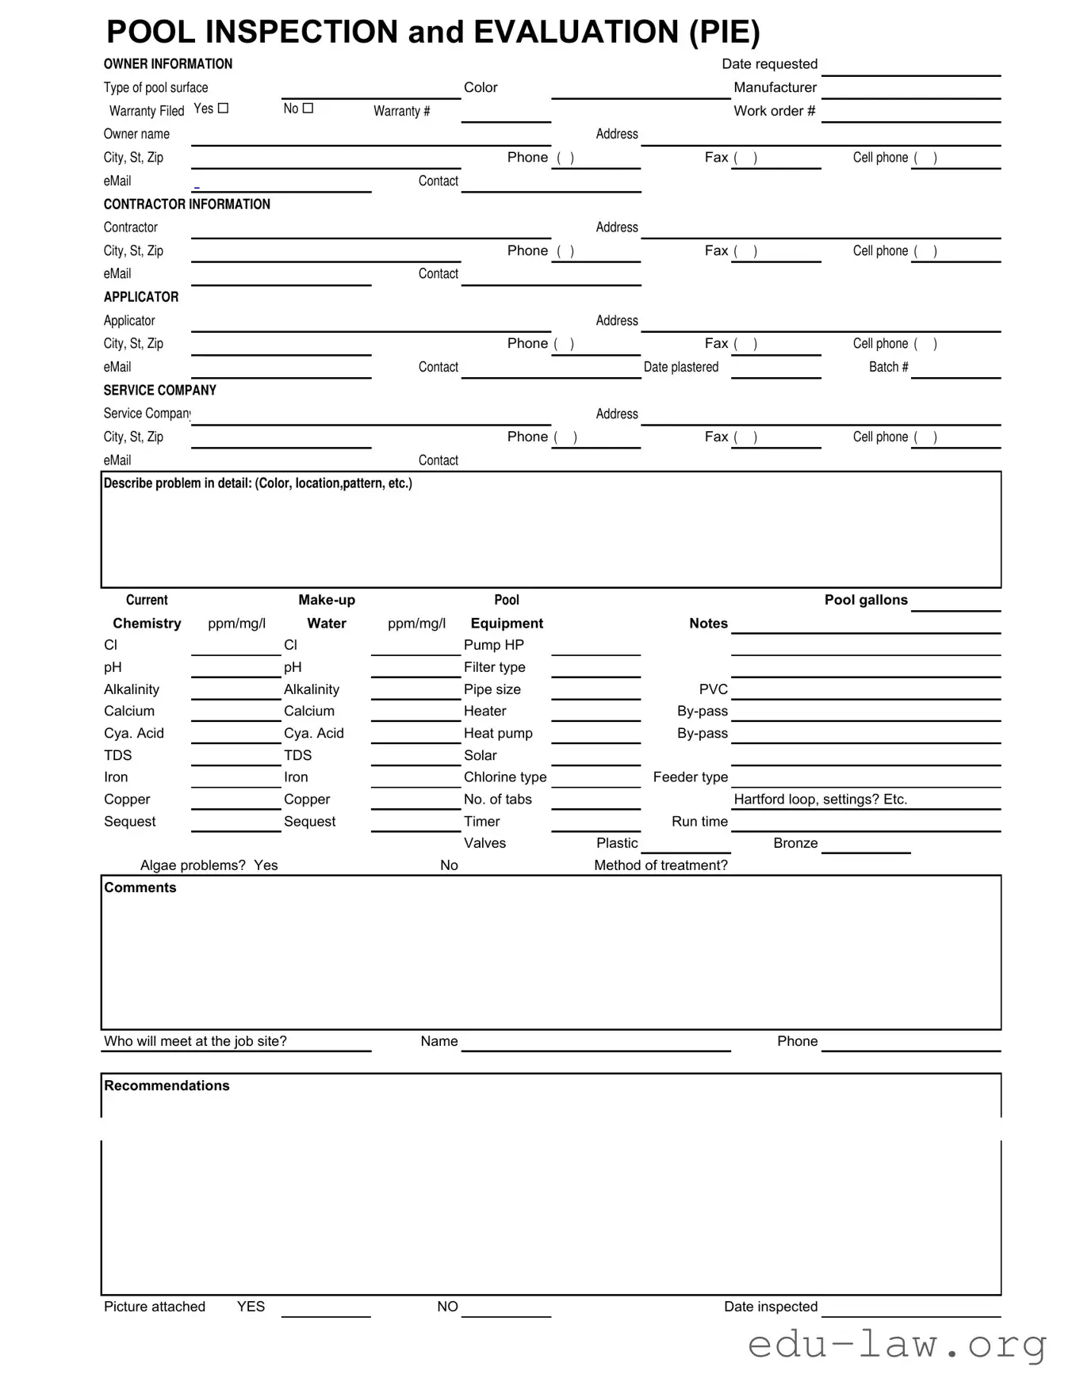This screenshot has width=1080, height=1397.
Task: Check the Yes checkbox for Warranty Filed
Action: (223, 109)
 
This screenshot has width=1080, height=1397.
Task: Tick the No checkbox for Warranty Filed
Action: (308, 109)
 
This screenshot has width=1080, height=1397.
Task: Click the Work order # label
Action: (774, 111)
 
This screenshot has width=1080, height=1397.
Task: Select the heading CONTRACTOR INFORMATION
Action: (186, 204)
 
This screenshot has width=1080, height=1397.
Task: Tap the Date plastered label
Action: (680, 367)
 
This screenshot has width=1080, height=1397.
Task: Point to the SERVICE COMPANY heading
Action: (159, 391)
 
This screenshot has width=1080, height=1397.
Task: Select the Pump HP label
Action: (493, 645)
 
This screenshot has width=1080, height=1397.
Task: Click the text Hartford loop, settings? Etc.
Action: (820, 800)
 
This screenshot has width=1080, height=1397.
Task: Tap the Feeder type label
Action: (690, 777)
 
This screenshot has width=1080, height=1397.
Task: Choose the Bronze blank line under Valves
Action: (865, 848)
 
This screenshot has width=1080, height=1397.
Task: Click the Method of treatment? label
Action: (661, 865)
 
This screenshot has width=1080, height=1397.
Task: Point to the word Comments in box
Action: (140, 887)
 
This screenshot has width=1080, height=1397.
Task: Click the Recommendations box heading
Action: (167, 1086)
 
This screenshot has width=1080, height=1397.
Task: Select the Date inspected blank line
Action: (910, 1311)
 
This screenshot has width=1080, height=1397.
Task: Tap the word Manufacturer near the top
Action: (775, 87)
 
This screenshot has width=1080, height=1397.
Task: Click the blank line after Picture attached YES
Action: (326, 1311)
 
